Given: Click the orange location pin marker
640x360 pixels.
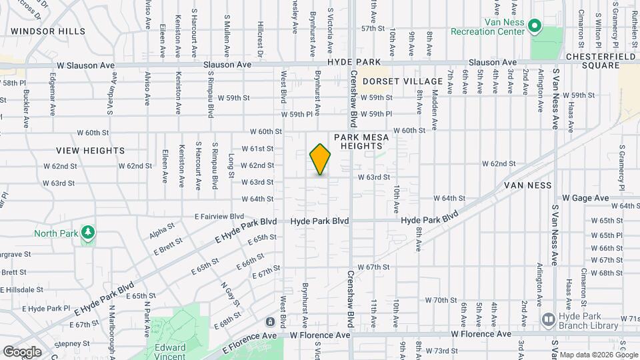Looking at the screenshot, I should (320, 159).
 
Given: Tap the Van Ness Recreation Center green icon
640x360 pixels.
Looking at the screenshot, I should (534, 26).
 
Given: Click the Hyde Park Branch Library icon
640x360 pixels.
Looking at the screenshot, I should (549, 319).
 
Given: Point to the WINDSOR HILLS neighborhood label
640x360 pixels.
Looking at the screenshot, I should (48, 31).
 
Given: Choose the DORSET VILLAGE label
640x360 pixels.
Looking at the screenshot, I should (393, 81).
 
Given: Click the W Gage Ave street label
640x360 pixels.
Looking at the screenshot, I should (585, 198).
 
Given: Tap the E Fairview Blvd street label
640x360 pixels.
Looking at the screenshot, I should (219, 216).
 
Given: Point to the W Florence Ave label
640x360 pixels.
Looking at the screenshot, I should (481, 334).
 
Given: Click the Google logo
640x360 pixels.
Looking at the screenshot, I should (22, 351).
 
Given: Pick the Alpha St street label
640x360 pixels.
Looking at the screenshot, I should (161, 231).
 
